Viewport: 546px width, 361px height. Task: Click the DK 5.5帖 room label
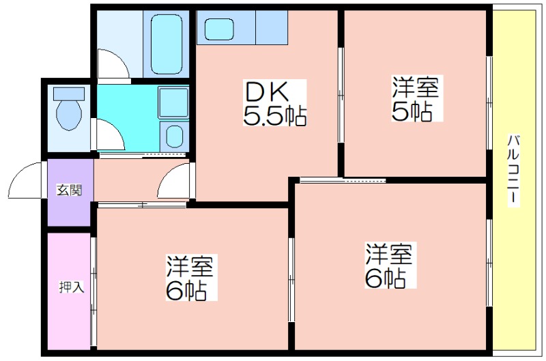tap(275, 103)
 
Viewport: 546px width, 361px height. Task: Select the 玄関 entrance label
tap(70, 190)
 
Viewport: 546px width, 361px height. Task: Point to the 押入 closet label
tap(72, 287)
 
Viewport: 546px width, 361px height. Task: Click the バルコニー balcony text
tap(514, 170)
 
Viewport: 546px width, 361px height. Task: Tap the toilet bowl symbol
tap(69, 115)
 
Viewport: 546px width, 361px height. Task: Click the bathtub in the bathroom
tap(167, 44)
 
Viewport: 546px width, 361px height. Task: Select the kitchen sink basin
tap(219, 29)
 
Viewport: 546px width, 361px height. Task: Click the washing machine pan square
tap(173, 102)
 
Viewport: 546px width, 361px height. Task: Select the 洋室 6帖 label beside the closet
tap(191, 278)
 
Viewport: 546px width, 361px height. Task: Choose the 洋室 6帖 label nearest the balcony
tap(390, 265)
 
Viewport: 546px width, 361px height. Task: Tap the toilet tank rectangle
tap(69, 93)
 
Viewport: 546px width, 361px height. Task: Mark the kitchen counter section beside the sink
tap(272, 27)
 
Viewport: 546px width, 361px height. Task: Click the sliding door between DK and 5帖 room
tap(341, 95)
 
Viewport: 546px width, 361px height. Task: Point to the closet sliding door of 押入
tap(94, 291)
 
